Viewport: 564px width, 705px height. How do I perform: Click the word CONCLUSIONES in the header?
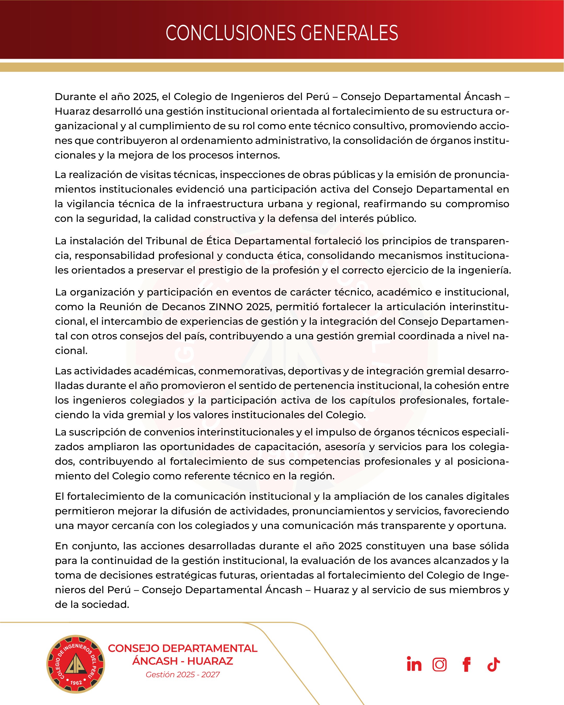click(230, 33)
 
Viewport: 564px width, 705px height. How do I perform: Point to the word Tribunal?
click(166, 241)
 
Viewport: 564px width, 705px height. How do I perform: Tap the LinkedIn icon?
click(414, 664)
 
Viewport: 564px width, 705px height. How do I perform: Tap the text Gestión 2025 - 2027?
click(183, 675)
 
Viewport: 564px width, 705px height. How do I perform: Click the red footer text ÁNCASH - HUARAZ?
click(183, 661)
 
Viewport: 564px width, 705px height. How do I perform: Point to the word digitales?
click(485, 496)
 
